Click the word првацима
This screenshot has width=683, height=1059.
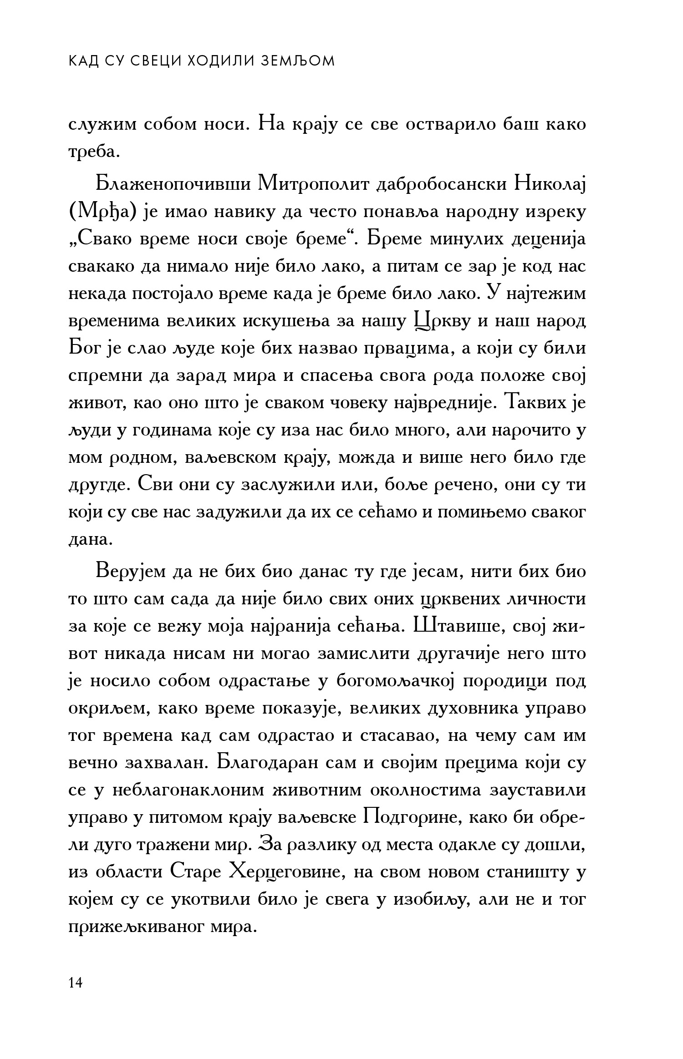[x=421, y=349]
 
